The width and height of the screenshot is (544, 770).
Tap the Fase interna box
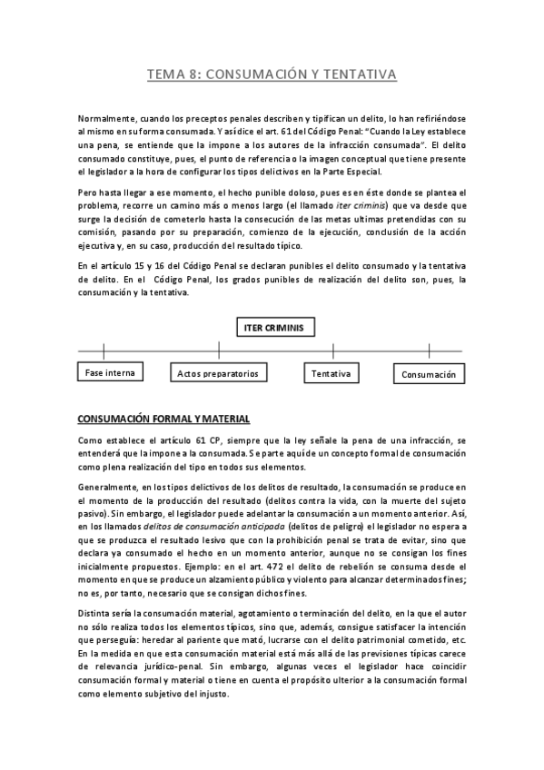pyautogui.click(x=106, y=372)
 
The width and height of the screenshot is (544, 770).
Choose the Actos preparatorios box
pyautogui.click(x=218, y=373)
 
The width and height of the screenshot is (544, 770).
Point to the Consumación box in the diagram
pyautogui.click(x=428, y=374)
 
